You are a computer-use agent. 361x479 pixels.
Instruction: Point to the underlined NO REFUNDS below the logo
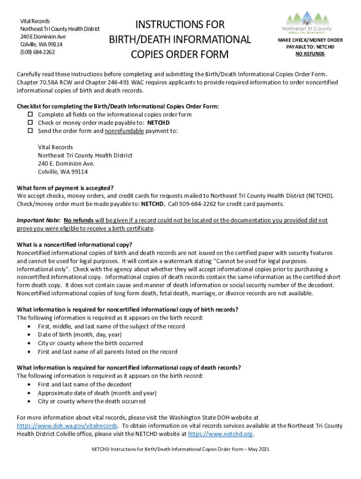click(x=310, y=54)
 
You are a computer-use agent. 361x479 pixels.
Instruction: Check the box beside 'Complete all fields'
click(x=29, y=115)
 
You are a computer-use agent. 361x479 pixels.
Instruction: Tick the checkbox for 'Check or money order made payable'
click(x=29, y=123)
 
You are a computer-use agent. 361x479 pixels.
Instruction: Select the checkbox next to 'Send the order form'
click(x=29, y=131)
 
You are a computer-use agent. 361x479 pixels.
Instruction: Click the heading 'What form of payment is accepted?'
click(x=65, y=188)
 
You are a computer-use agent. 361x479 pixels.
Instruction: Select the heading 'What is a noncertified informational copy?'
click(x=75, y=245)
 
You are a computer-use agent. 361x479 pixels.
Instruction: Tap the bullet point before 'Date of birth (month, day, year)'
click(x=30, y=335)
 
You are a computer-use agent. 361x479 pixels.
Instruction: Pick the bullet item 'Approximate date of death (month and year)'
click(x=97, y=393)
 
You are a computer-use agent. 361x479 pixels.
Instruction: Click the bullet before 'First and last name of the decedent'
click(x=30, y=385)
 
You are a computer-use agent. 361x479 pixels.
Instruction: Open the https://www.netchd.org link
click(x=220, y=434)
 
